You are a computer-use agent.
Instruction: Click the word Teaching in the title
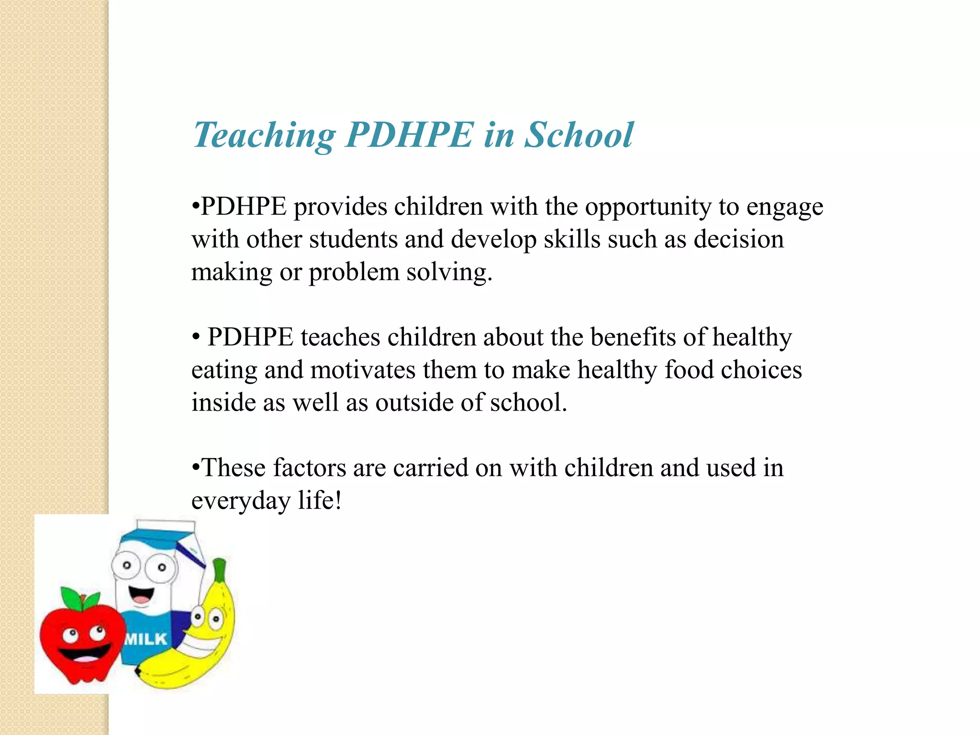tap(264, 135)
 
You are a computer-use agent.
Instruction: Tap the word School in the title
tap(579, 134)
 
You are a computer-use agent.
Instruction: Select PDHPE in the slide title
tap(410, 134)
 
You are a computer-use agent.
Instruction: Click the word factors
tap(309, 468)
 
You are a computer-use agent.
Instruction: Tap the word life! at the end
tap(320, 501)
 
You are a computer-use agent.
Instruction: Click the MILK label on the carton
tap(146, 639)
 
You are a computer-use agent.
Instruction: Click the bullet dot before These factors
tap(195, 468)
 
